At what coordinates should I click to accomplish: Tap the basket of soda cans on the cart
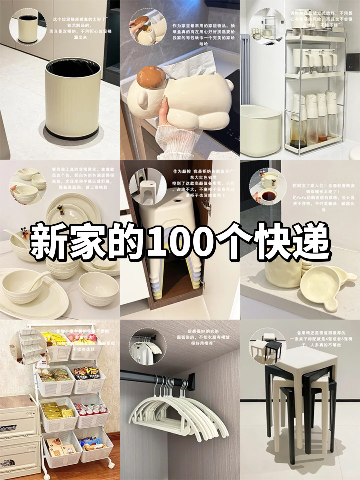[92, 411]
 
